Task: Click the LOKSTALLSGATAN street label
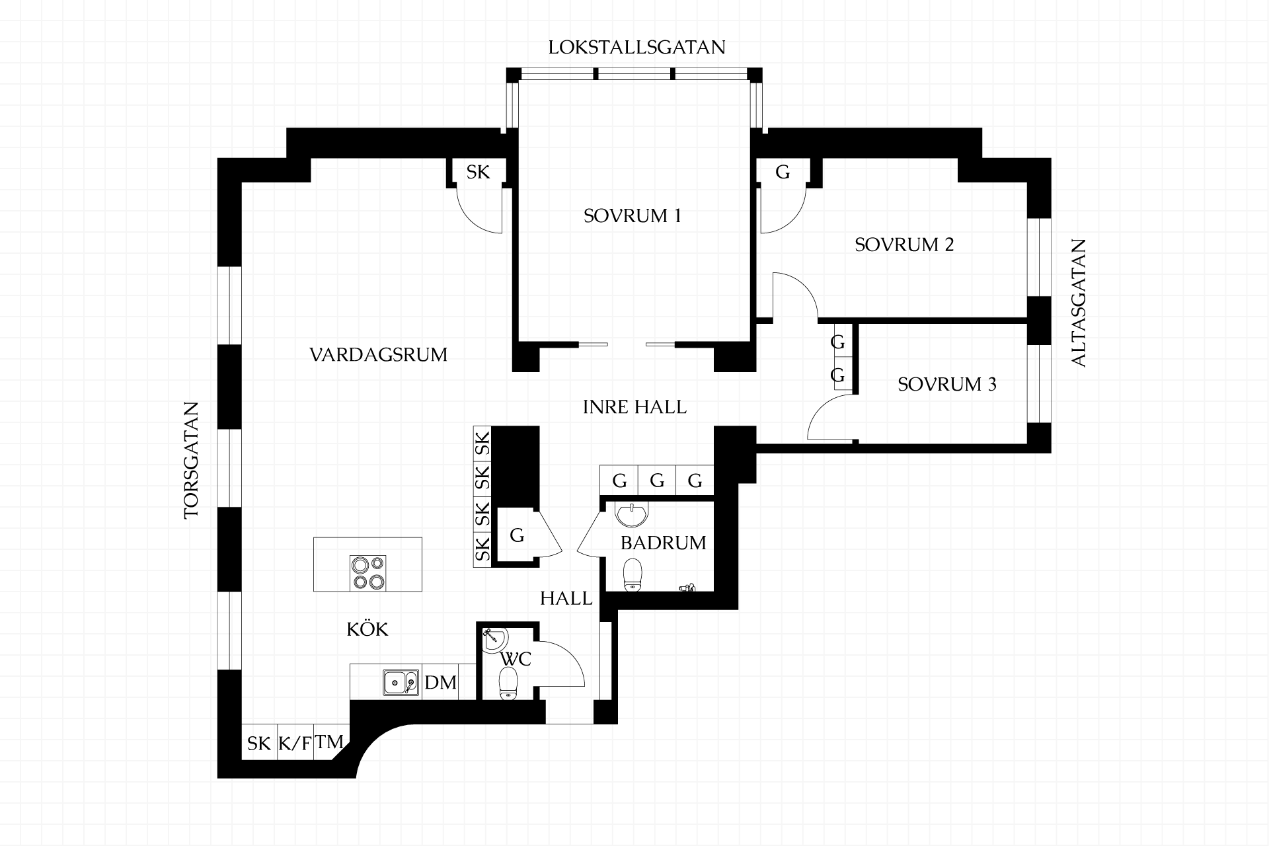point(636,48)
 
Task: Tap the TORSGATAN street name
point(192,460)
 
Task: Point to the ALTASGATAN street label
point(1078,303)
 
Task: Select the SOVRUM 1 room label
point(632,216)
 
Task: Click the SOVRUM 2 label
point(904,245)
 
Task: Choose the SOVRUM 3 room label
point(946,384)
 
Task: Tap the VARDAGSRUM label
point(378,355)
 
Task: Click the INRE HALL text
point(634,407)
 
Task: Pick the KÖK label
point(367,629)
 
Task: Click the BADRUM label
point(664,543)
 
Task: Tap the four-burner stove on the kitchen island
point(368,573)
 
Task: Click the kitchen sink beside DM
point(401,681)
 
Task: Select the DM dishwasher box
point(440,682)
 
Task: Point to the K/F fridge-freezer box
point(295,743)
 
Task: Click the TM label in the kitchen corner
point(329,742)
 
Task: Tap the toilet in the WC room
point(508,682)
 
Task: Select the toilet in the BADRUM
point(633,574)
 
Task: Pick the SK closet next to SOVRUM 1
point(479,172)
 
